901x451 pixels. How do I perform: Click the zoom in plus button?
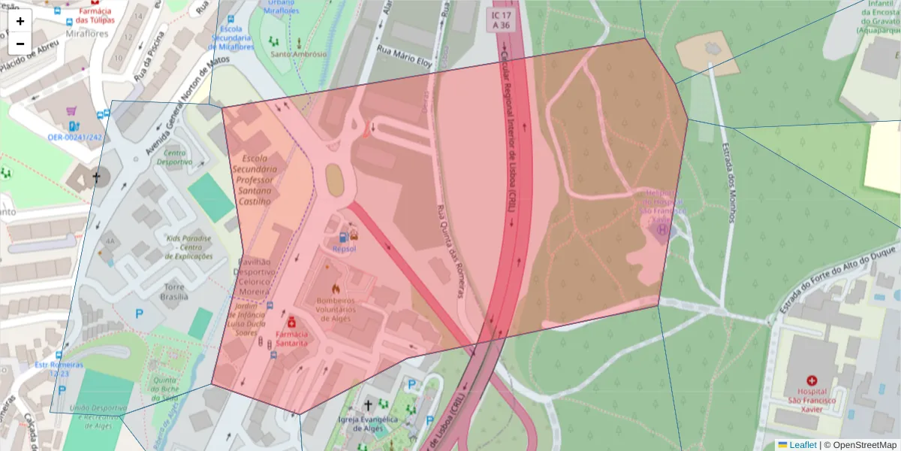[20, 21]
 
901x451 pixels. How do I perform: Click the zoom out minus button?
[20, 44]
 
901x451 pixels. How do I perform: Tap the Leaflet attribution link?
[802, 445]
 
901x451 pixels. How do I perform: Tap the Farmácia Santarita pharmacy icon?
[291, 322]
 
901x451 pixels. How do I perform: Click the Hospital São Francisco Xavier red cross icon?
[812, 381]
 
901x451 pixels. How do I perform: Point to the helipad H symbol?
[661, 229]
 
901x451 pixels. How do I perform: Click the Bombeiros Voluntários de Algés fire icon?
[336, 288]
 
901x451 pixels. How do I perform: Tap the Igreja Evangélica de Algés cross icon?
[367, 405]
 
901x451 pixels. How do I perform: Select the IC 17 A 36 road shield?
[501, 20]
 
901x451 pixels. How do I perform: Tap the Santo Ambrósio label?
[299, 54]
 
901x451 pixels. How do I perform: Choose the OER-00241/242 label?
[74, 138]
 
